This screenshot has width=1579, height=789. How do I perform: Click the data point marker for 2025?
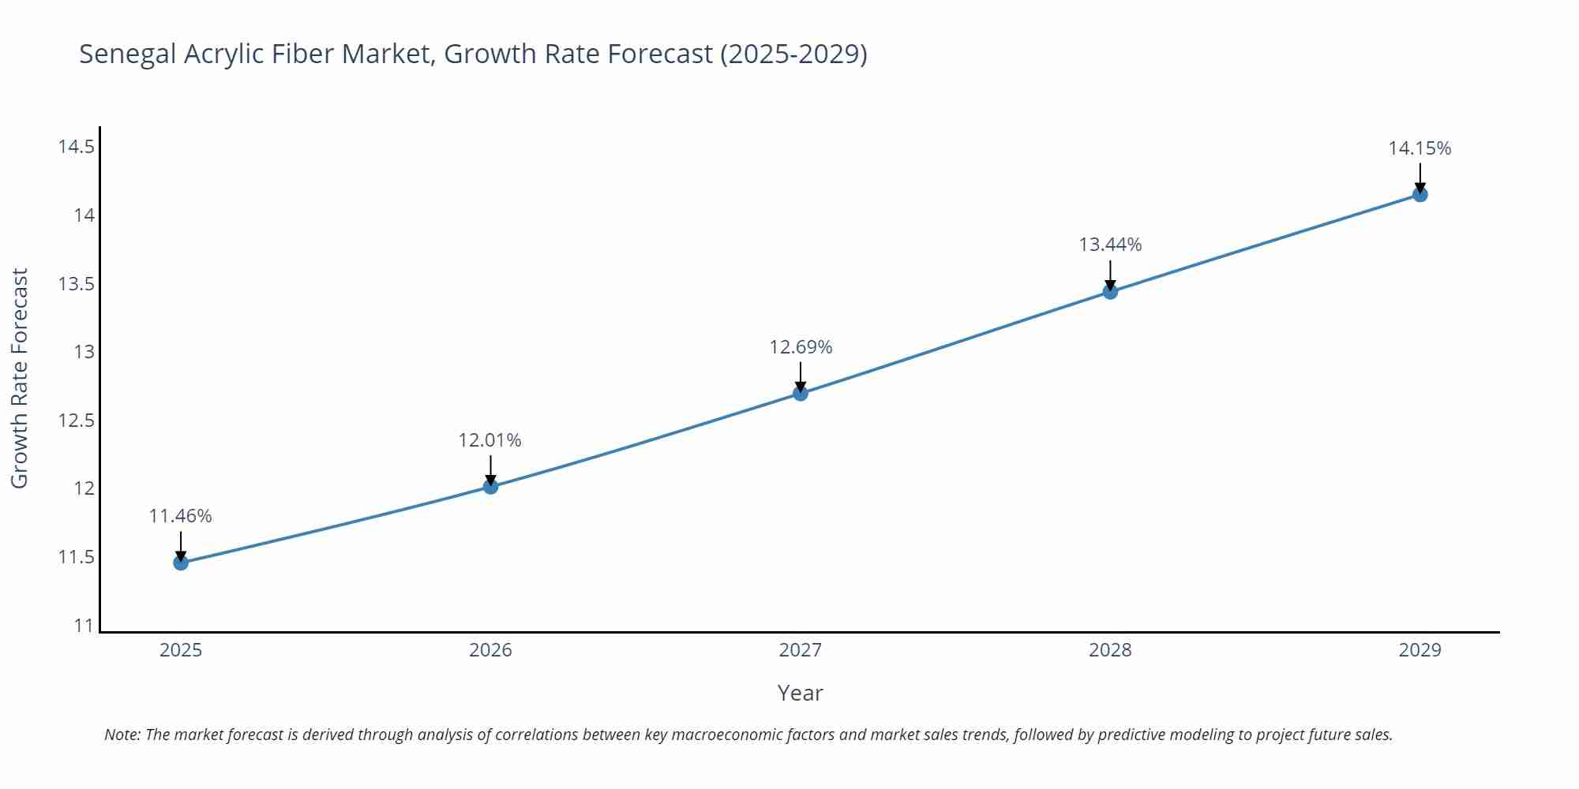coord(181,563)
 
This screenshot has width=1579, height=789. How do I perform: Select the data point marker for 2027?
coord(801,393)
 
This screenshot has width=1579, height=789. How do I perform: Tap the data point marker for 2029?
coord(1420,194)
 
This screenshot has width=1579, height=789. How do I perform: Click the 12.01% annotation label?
coord(489,440)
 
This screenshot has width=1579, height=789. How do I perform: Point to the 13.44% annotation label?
coord(1110,245)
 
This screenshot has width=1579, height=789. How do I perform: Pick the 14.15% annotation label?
coord(1420,148)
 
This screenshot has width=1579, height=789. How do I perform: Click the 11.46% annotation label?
coord(180,516)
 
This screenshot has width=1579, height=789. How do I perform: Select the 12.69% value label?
coord(801,347)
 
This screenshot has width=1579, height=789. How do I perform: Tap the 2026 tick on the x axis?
coord(490,650)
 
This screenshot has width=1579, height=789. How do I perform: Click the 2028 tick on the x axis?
coord(1110,650)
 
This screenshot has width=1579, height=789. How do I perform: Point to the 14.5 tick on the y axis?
coord(76,147)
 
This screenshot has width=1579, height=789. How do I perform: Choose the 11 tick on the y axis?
coord(84,626)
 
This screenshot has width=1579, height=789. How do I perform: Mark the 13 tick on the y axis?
coord(84,352)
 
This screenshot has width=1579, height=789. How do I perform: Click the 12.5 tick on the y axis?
coord(76,421)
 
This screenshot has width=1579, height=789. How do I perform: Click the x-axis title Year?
coord(800,693)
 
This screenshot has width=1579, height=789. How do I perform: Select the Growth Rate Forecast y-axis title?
coord(20,378)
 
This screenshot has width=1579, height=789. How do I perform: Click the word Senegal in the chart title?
coord(128,54)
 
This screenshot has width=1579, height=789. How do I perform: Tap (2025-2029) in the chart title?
coord(793,54)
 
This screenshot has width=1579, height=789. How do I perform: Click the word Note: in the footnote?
coord(122,735)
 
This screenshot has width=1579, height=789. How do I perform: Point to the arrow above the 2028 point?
coord(1110,275)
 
